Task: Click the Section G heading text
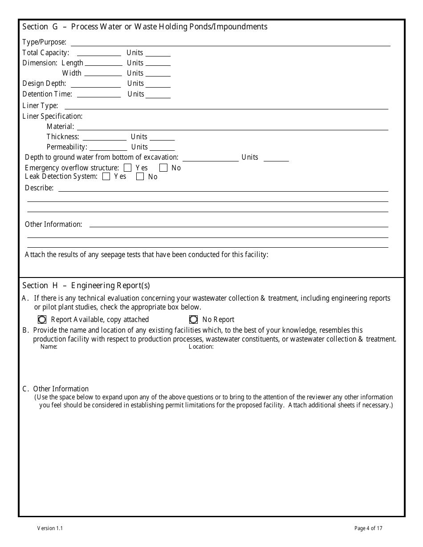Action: pyautogui.click(x=145, y=27)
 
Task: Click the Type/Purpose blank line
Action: pyautogui.click(x=230, y=43)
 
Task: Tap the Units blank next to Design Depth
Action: pyautogui.click(x=158, y=84)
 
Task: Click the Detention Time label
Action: pyautogui.click(x=47, y=94)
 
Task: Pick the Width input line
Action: pyautogui.click(x=103, y=73)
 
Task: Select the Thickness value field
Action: pyautogui.click(x=104, y=137)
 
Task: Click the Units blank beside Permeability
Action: pyautogui.click(x=162, y=147)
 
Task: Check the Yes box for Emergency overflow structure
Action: pyautogui.click(x=128, y=168)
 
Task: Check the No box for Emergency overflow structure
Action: pyautogui.click(x=163, y=168)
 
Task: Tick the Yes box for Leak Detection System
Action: pyautogui.click(x=106, y=177)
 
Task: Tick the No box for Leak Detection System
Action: pyautogui.click(x=140, y=177)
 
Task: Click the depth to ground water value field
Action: pyautogui.click(x=210, y=157)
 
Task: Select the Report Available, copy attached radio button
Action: pyautogui.click(x=42, y=320)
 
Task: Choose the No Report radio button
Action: pyautogui.click(x=194, y=320)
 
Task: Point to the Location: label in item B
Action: pyautogui.click(x=201, y=347)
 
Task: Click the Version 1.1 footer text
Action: pyautogui.click(x=50, y=528)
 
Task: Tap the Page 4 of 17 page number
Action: pyautogui.click(x=368, y=528)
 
